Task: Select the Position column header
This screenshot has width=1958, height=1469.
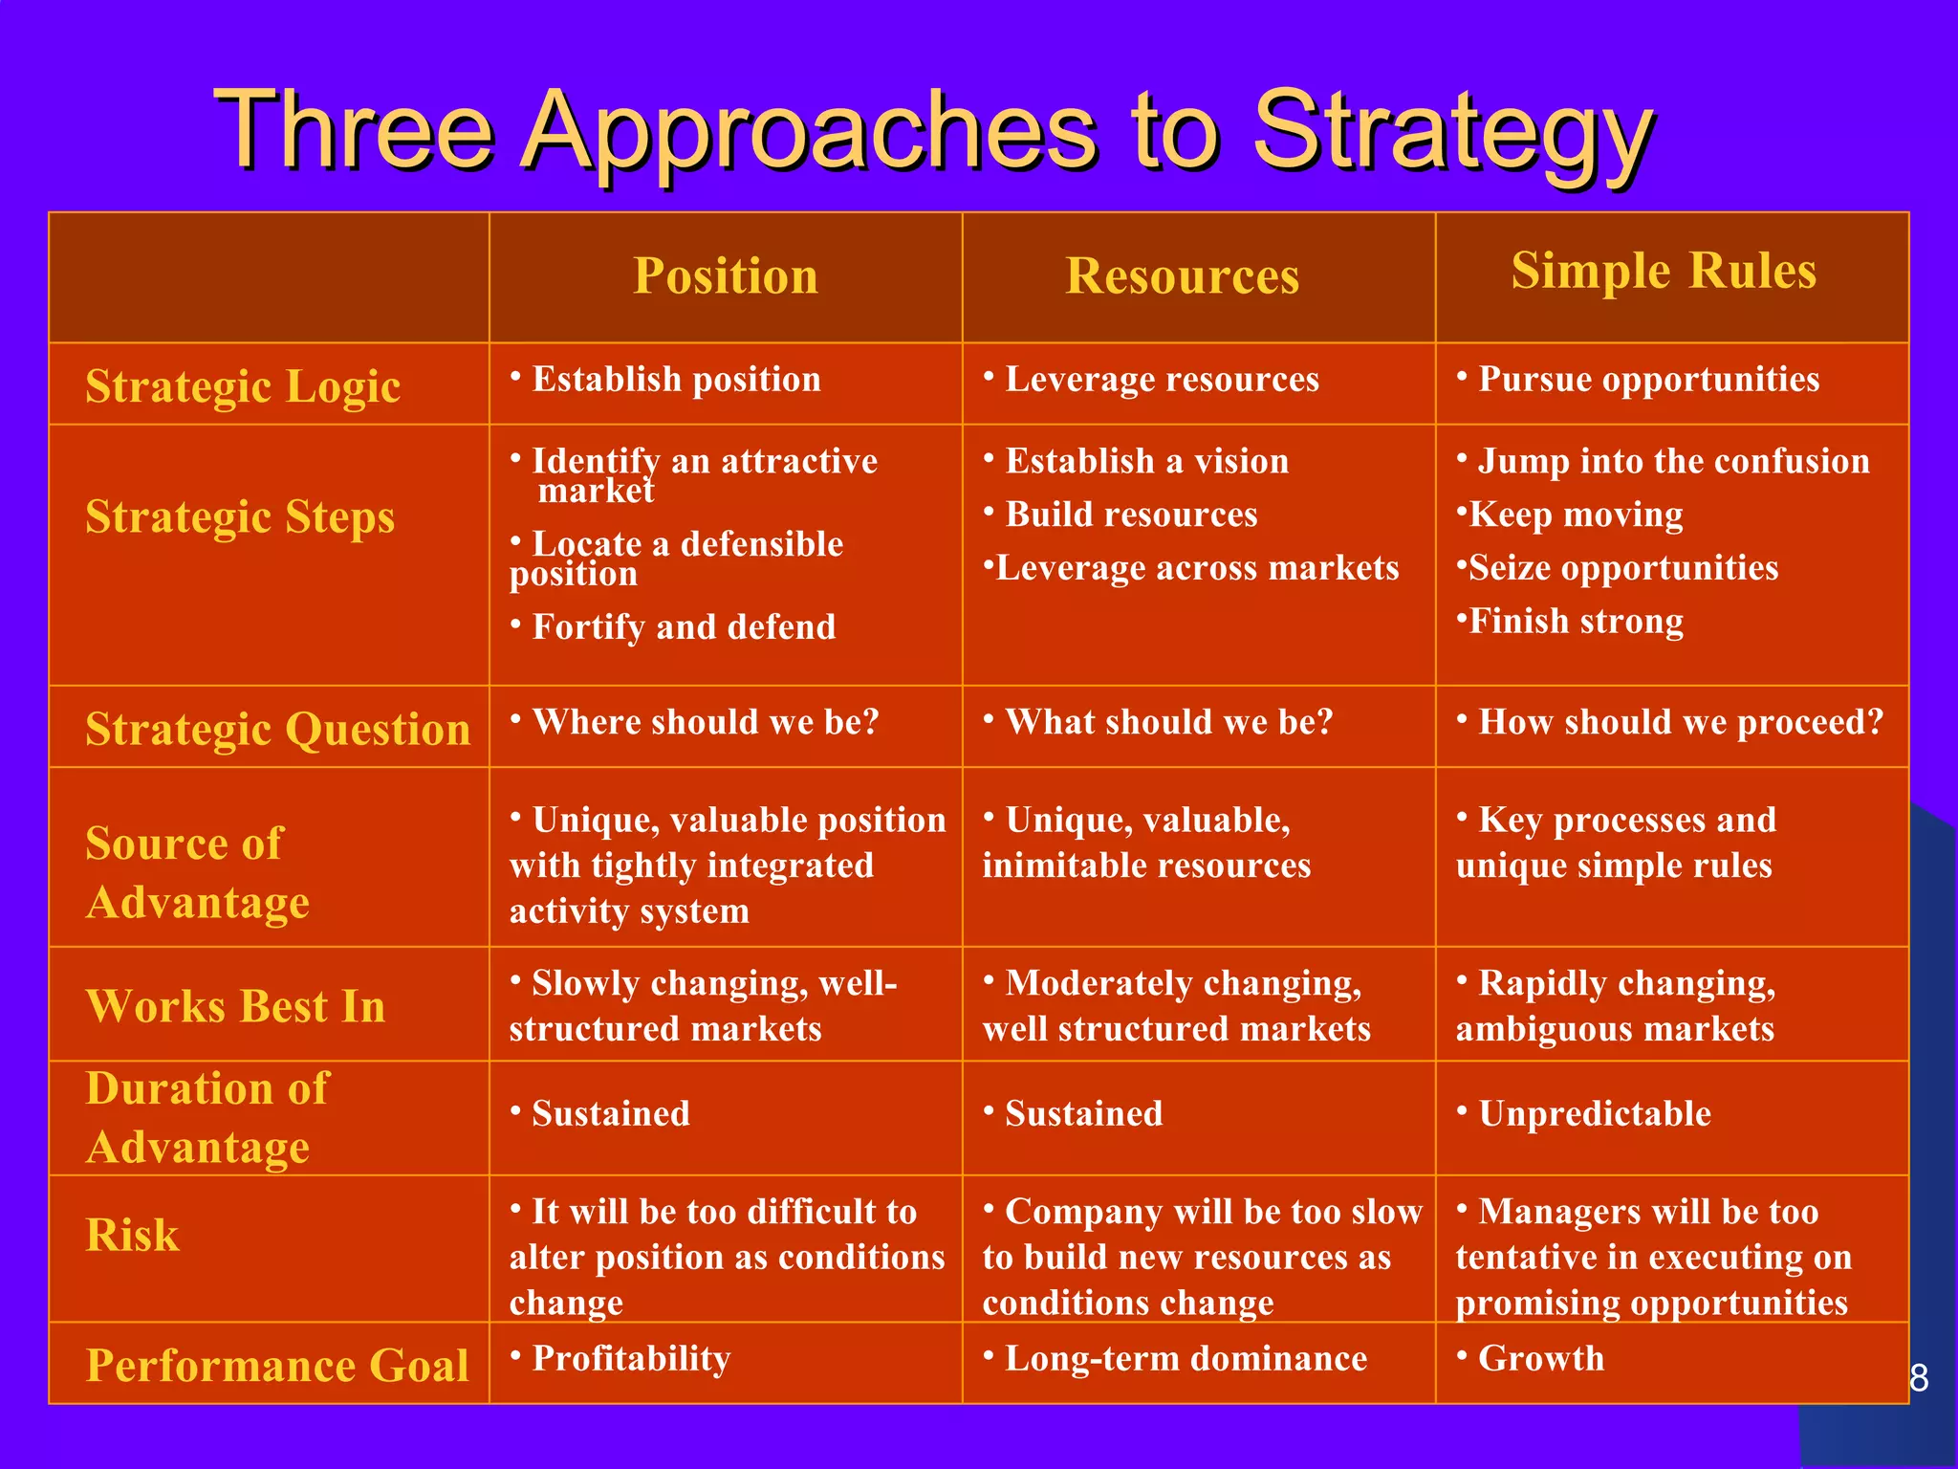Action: [726, 276]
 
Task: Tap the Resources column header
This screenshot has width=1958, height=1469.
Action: [1182, 276]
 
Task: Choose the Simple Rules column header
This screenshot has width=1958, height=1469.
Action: [1664, 271]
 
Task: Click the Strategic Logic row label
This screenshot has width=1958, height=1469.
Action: [243, 386]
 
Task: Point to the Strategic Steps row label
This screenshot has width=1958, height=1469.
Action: [240, 516]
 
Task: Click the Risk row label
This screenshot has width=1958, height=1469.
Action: [132, 1235]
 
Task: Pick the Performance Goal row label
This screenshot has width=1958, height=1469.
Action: [277, 1365]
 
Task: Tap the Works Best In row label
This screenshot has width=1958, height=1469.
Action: [235, 1006]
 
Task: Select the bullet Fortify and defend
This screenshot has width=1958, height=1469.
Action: [683, 627]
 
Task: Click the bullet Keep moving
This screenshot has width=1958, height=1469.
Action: [1576, 515]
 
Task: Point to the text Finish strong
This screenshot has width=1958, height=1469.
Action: [1576, 622]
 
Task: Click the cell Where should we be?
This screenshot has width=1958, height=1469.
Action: [705, 722]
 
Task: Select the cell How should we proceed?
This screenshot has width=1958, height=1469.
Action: [1680, 722]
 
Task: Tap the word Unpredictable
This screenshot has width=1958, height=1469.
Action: [1594, 1114]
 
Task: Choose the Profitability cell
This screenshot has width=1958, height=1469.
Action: [631, 1358]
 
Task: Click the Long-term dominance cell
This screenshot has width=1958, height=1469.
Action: [1186, 1358]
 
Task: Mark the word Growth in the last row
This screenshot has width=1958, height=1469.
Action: [1541, 1358]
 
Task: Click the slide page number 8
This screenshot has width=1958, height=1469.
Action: [1918, 1378]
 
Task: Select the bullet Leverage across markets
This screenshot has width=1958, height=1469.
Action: [1196, 568]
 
